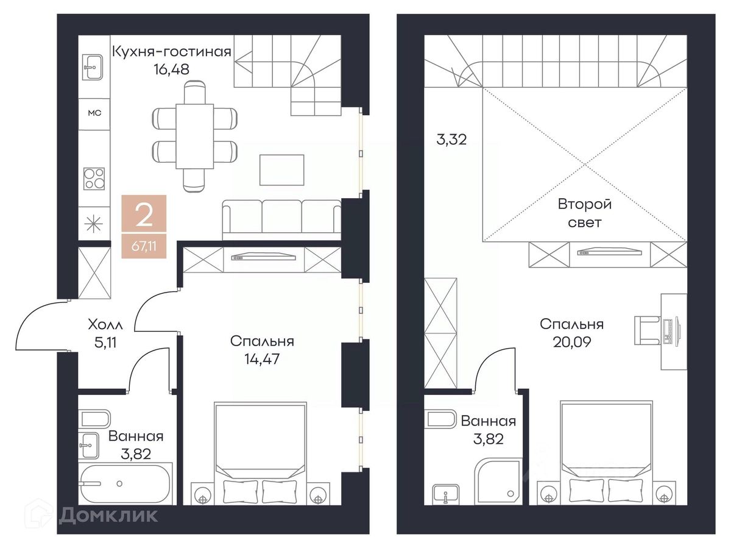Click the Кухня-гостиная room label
(172, 52)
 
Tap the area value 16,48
(172, 69)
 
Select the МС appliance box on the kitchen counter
(94, 113)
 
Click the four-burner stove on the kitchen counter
(94, 179)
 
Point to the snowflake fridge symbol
(94, 224)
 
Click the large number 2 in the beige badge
(144, 216)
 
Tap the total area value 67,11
(144, 246)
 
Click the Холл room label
(105, 324)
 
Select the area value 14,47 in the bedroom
(262, 359)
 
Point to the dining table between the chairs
(195, 137)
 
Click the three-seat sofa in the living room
(282, 220)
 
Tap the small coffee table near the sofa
(282, 170)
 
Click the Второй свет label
(585, 213)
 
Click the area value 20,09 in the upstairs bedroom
(572, 342)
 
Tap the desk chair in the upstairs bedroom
(648, 330)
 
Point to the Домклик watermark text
(108, 515)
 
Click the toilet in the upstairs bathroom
(441, 419)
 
